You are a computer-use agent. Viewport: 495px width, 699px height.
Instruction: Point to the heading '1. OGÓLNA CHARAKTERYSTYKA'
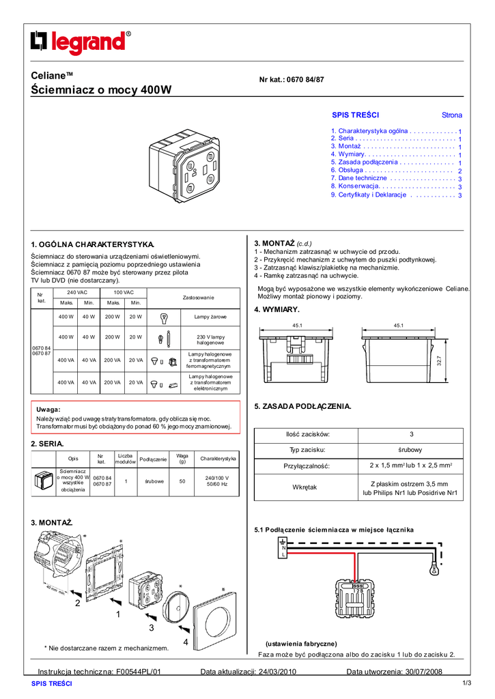(x=94, y=244)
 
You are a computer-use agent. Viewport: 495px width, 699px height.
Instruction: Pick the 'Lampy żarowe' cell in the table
(x=210, y=317)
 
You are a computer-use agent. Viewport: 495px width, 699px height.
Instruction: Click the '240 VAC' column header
(x=76, y=292)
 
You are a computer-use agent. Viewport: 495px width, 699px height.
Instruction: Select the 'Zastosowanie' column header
(x=198, y=297)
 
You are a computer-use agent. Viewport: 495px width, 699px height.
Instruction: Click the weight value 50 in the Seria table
(x=182, y=481)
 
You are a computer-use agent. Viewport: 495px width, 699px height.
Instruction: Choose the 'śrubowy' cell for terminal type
(x=411, y=450)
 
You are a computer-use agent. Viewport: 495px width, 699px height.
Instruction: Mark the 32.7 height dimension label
(x=440, y=360)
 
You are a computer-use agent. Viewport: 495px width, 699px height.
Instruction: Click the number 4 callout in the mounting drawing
(x=185, y=642)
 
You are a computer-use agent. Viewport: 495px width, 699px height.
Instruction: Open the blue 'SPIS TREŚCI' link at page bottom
(x=52, y=683)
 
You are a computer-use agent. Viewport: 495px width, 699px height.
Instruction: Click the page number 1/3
(x=468, y=683)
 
